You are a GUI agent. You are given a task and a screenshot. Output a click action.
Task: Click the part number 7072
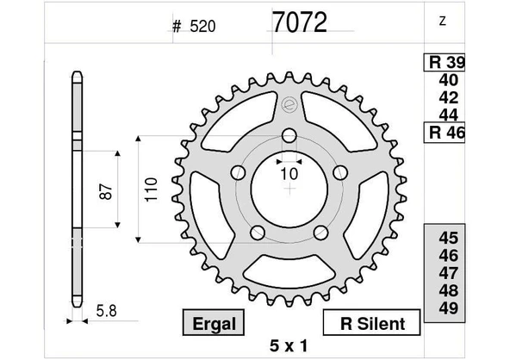tap(299, 22)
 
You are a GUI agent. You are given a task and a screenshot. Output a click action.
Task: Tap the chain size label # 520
tap(193, 26)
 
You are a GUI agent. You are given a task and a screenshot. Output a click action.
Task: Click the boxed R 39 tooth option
tap(445, 63)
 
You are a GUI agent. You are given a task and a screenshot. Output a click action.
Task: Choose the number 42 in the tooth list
tap(448, 97)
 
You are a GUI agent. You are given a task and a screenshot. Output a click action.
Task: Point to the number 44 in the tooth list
tap(448, 115)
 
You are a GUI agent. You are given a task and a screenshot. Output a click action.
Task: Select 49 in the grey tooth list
tap(448, 308)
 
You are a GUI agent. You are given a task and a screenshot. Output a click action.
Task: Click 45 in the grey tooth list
tap(448, 239)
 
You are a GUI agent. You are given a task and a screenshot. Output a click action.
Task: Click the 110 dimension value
tap(152, 189)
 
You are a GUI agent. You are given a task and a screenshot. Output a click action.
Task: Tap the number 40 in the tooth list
tap(448, 80)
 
